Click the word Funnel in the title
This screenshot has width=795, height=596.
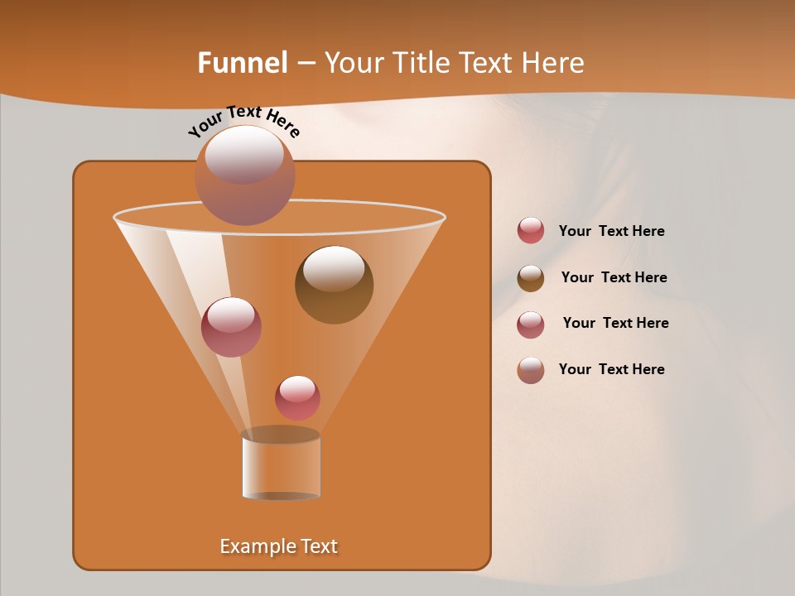(x=243, y=63)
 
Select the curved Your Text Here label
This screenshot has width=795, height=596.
(x=243, y=121)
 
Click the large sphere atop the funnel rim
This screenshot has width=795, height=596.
(x=244, y=175)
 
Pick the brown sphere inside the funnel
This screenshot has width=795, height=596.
(x=334, y=285)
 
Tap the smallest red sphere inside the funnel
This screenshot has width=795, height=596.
(x=297, y=397)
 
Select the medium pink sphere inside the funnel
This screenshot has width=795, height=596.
(x=231, y=327)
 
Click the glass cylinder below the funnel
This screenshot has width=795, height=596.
(x=281, y=465)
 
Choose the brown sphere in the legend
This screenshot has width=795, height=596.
(x=531, y=278)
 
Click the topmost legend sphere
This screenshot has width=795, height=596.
(x=531, y=231)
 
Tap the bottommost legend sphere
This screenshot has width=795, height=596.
(x=531, y=370)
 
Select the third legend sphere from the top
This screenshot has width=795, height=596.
(x=531, y=324)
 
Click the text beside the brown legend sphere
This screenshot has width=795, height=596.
(x=614, y=277)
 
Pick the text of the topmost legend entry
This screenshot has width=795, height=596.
(x=611, y=231)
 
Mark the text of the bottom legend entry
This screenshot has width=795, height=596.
(x=611, y=369)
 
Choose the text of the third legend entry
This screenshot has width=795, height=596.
(x=615, y=323)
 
